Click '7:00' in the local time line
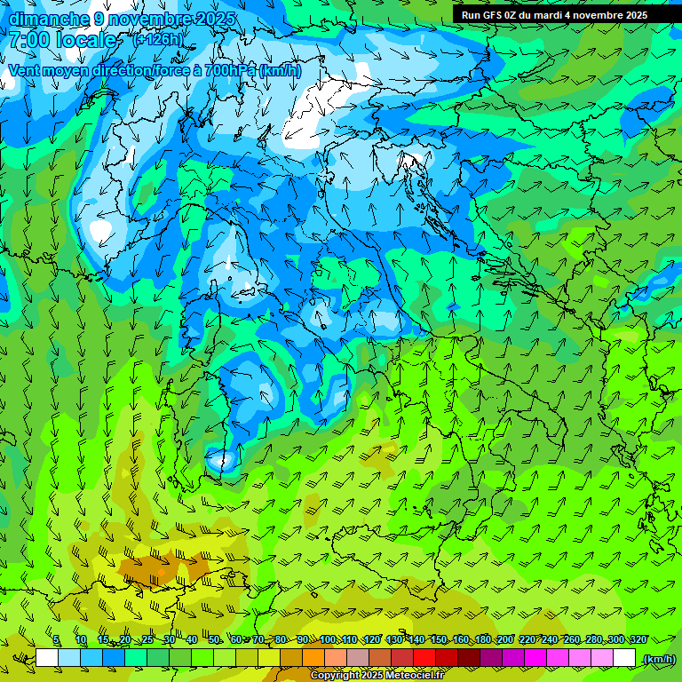(x=29, y=40)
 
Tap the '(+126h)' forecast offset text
(x=158, y=39)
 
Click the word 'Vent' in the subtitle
(x=26, y=71)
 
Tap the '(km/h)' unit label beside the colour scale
(x=658, y=659)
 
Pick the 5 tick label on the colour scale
(x=56, y=640)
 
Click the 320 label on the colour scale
(x=638, y=640)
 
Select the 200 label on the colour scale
(x=505, y=640)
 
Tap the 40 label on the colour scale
(x=192, y=640)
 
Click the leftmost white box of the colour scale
(x=47, y=658)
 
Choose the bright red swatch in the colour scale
(x=424, y=658)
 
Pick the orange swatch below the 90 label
(x=313, y=658)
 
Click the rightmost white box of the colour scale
(x=624, y=658)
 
